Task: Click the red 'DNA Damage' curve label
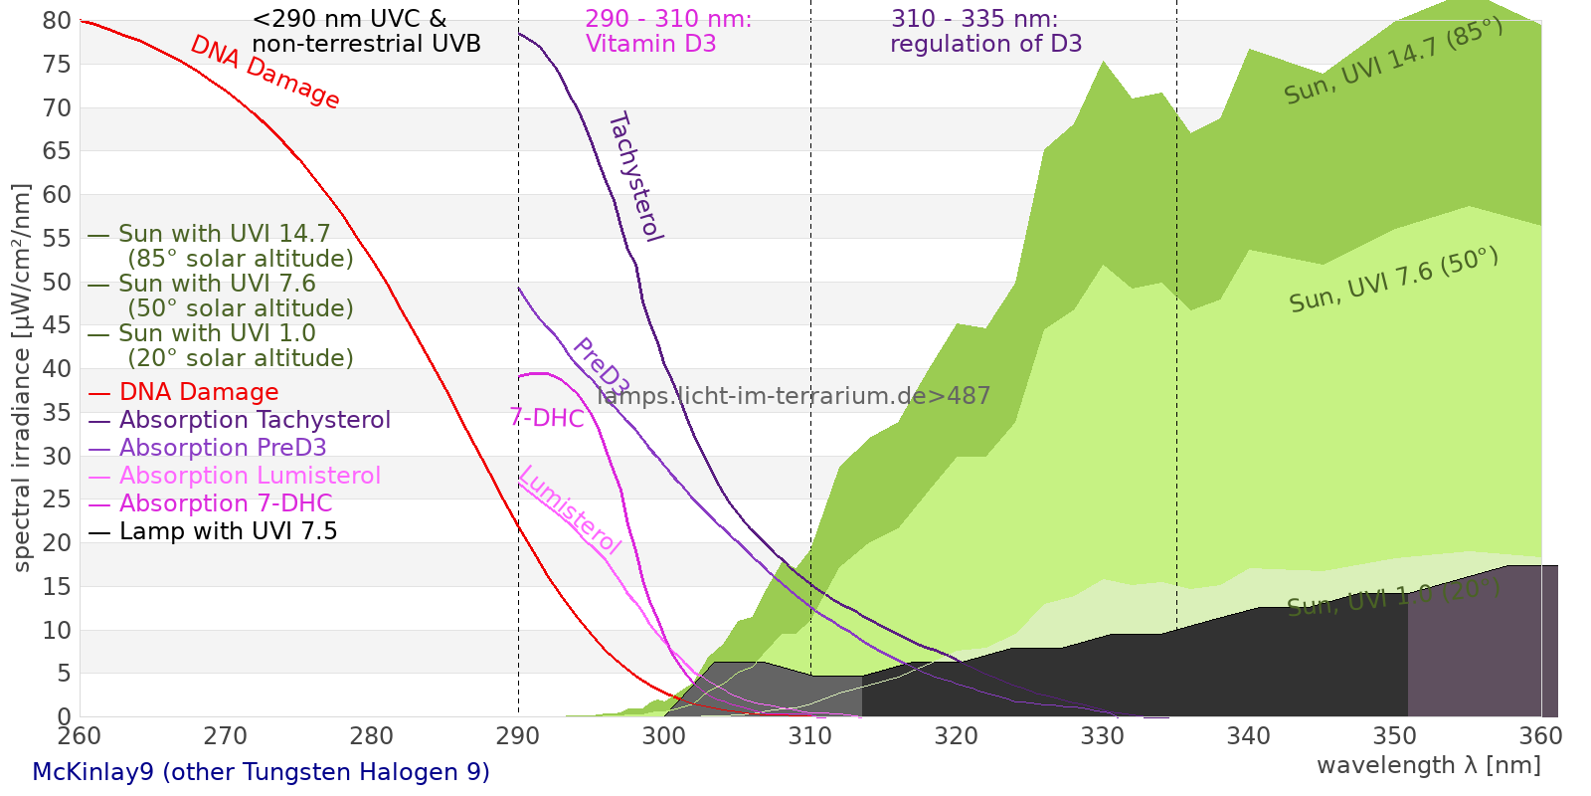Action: tap(265, 72)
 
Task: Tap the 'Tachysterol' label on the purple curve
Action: tap(634, 177)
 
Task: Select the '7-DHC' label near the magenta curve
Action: tap(547, 418)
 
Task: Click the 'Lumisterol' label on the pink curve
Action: tap(570, 509)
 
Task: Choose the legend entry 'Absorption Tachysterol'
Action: tap(255, 420)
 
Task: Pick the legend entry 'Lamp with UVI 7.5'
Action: tap(228, 531)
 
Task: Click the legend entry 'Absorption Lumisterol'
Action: tap(250, 476)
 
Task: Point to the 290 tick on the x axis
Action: tap(518, 736)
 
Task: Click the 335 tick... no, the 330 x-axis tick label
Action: tap(1103, 736)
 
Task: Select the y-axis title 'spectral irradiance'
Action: tap(22, 378)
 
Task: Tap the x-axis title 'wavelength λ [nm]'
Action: tap(1428, 765)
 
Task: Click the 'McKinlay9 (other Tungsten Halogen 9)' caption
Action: tap(261, 772)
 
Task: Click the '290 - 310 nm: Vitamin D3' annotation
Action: tap(668, 32)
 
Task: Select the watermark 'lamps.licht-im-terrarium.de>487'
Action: tap(794, 396)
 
